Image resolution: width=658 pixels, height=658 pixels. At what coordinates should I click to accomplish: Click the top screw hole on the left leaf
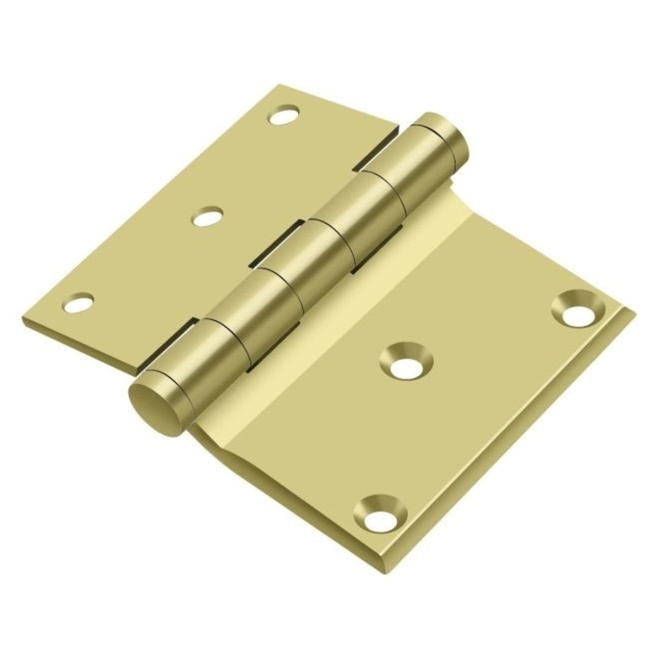coord(285,116)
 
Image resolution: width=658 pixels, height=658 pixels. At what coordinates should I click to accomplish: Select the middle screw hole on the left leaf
coord(207,217)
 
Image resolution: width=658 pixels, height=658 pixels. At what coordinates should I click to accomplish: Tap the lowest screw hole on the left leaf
coord(78,303)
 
